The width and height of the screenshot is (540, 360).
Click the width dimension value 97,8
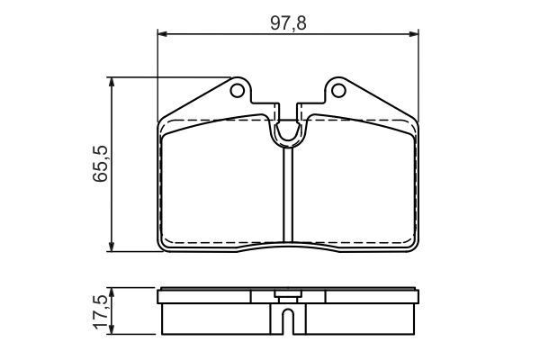[x=289, y=22]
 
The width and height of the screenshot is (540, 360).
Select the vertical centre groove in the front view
[x=288, y=193]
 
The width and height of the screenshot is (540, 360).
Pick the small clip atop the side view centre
[x=288, y=293]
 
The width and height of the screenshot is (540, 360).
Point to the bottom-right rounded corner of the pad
[x=413, y=244]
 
